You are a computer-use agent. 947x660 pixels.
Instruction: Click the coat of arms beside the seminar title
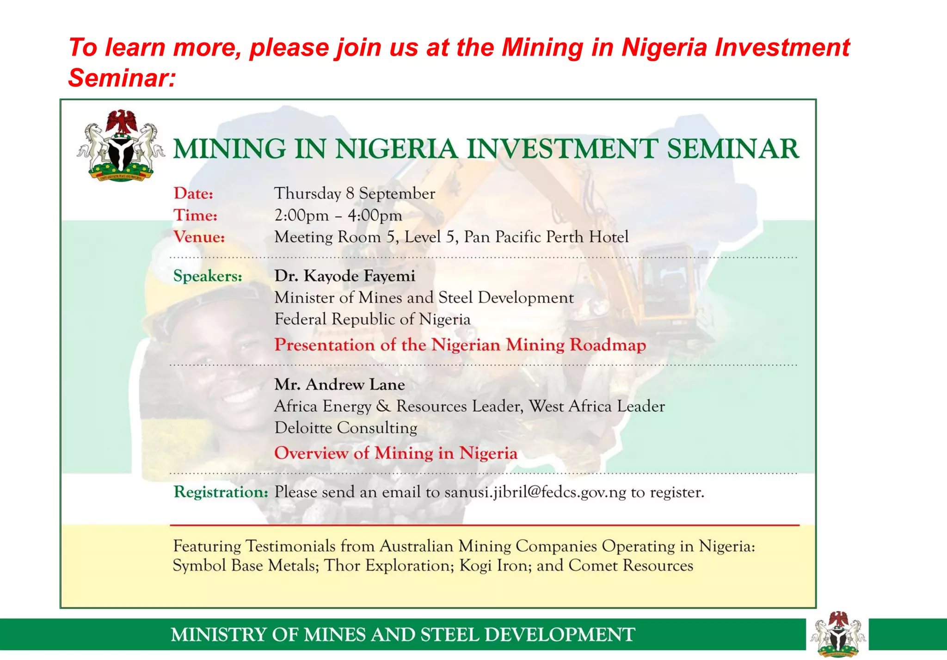(121, 145)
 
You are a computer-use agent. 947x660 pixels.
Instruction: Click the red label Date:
(193, 193)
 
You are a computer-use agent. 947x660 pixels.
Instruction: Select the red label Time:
(195, 215)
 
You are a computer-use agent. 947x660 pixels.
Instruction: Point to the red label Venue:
(199, 237)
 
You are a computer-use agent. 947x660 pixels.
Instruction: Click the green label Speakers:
(208, 276)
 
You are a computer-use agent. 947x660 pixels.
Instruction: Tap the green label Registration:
(221, 492)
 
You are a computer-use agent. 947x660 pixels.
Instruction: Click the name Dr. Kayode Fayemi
(344, 276)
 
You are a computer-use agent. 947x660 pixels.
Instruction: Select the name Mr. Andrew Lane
(339, 384)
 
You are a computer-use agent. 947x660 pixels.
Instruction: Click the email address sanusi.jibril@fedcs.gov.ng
(535, 492)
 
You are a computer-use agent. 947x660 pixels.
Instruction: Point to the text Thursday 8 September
(354, 193)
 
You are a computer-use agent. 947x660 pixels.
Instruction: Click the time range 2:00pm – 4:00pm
(338, 215)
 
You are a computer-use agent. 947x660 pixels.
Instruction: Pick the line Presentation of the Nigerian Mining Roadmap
(460, 345)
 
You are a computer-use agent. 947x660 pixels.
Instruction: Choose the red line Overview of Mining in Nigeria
(395, 453)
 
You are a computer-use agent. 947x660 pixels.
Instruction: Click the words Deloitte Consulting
(345, 428)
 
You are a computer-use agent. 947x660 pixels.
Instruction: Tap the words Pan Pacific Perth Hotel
(546, 237)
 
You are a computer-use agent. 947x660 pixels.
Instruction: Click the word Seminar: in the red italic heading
(122, 78)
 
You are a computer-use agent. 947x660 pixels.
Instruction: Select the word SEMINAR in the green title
(732, 149)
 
